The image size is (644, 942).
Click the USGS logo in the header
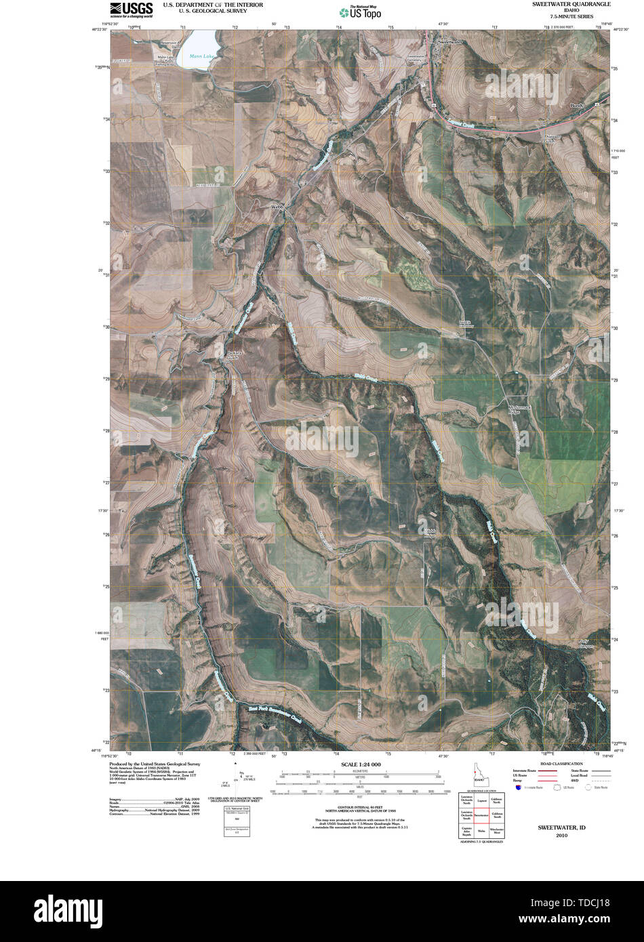pos(131,9)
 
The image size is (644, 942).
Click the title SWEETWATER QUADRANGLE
pos(571,4)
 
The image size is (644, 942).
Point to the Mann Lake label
pos(201,56)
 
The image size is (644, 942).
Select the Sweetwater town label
pos(449,42)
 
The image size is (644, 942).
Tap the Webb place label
pos(276,206)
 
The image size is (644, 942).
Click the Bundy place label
pos(578,106)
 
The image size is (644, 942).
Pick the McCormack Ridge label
pos(517,409)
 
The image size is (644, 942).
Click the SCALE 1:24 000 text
pos(356,764)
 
